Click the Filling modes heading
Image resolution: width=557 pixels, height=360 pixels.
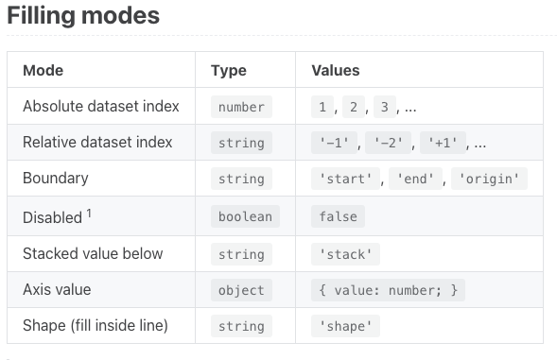pyautogui.click(x=83, y=16)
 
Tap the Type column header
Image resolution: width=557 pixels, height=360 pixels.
pyautogui.click(x=229, y=70)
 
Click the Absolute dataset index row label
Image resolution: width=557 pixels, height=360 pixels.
pyautogui.click(x=101, y=107)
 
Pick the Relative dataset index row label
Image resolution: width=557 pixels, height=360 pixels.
pyautogui.click(x=97, y=143)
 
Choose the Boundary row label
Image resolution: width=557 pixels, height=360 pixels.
pyautogui.click(x=56, y=179)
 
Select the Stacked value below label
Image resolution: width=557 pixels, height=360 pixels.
pyautogui.click(x=93, y=253)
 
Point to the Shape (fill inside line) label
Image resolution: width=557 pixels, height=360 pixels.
pyautogui.click(x=96, y=326)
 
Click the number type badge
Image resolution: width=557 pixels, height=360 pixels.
pyautogui.click(x=241, y=107)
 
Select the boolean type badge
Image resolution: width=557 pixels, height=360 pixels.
pyautogui.click(x=245, y=216)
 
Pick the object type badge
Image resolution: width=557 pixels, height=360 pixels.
pyautogui.click(x=241, y=289)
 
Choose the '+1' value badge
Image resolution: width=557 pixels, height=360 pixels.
pyautogui.click(x=444, y=144)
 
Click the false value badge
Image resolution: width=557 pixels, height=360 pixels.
pyautogui.click(x=339, y=216)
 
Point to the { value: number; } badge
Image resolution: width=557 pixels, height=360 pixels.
pyautogui.click(x=388, y=289)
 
